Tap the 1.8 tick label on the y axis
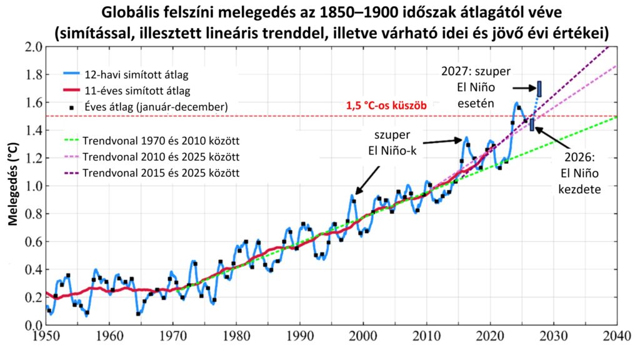29,75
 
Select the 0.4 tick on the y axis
29,270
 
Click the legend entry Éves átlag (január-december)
147,107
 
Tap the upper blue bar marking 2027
539,89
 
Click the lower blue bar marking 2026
532,124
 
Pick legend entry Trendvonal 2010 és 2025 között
152,155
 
